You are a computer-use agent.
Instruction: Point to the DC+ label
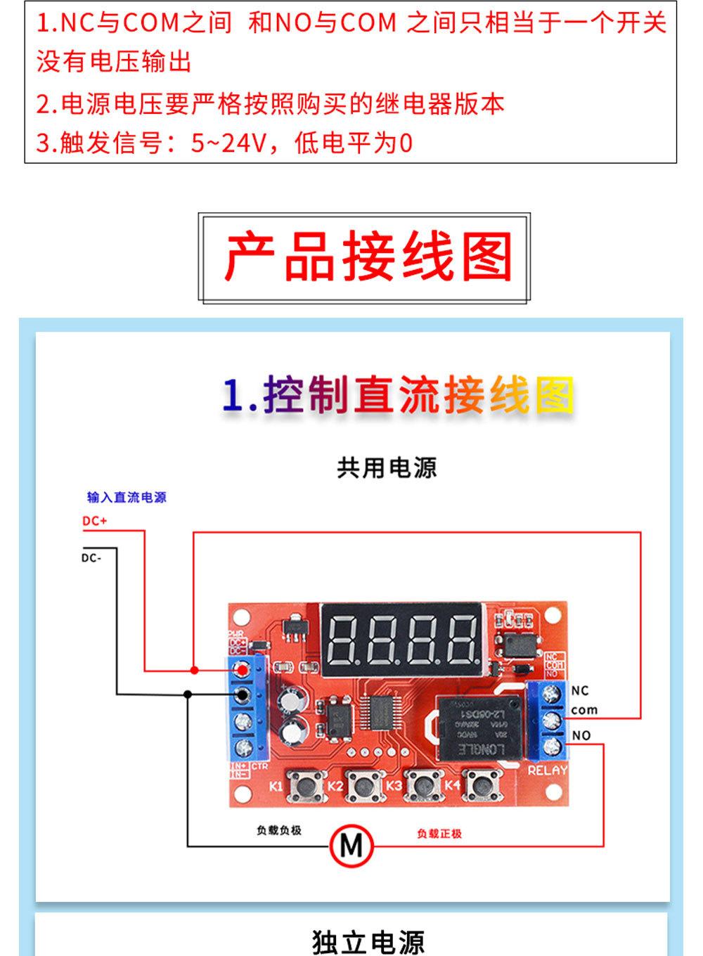click(94, 522)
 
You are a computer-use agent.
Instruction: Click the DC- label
click(91, 558)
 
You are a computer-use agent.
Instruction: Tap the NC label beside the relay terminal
click(580, 691)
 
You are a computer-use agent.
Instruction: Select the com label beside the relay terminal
click(583, 710)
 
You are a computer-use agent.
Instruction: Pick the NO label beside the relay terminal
click(581, 735)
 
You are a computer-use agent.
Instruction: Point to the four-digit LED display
click(401, 639)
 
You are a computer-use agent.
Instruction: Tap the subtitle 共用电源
click(387, 467)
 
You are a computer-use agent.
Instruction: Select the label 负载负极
click(279, 830)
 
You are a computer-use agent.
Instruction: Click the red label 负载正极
click(439, 834)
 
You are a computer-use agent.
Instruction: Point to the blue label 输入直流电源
click(127, 498)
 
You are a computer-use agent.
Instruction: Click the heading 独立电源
click(368, 941)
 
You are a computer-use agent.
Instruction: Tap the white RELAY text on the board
click(547, 770)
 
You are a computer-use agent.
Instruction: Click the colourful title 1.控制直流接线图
click(397, 395)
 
